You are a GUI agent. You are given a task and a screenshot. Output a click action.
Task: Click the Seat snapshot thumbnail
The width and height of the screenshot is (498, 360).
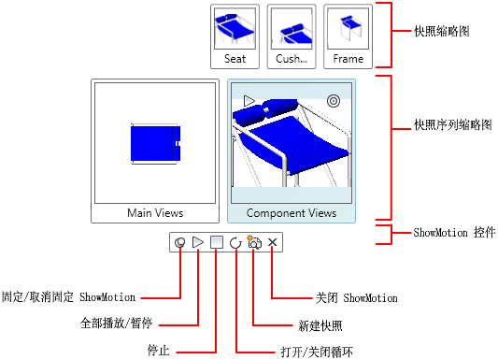[235, 36]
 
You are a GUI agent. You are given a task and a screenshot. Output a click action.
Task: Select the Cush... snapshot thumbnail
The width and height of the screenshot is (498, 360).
[292, 36]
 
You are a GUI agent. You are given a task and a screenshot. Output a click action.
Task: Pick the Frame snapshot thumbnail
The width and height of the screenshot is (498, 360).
[349, 36]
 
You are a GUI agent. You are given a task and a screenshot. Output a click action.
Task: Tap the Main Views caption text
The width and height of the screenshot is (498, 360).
[155, 213]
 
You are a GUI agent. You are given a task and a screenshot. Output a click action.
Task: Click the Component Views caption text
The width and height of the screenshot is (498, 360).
[292, 213]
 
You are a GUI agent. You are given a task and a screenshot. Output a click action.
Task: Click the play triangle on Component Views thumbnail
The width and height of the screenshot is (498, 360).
[249, 101]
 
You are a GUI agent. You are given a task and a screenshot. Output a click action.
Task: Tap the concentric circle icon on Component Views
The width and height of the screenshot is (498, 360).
[334, 101]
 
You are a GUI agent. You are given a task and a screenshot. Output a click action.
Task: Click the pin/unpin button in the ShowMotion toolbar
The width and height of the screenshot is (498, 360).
[179, 243]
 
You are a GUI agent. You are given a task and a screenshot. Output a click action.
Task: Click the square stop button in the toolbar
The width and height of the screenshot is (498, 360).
[217, 242]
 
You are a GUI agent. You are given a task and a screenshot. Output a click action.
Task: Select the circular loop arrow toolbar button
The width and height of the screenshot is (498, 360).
[235, 243]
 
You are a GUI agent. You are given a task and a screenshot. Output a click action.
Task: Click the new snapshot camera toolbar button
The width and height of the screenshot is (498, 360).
[254, 242]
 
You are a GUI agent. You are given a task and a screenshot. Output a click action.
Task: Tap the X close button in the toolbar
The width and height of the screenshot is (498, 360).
[272, 242]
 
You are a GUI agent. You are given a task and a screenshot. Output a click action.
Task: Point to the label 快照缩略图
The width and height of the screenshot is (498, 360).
[442, 31]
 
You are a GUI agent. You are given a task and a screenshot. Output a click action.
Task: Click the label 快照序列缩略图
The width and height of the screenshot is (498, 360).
[453, 125]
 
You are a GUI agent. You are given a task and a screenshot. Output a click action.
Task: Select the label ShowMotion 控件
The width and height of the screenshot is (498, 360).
[454, 233]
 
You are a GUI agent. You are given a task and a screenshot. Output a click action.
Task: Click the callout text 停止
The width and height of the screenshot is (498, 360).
[159, 351]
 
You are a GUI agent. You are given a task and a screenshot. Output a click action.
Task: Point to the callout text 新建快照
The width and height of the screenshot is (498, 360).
[320, 325]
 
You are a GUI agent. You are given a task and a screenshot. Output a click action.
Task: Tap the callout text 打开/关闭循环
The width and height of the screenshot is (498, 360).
[317, 353]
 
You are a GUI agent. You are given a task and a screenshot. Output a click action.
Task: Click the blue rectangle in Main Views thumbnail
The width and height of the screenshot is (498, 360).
[155, 143]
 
